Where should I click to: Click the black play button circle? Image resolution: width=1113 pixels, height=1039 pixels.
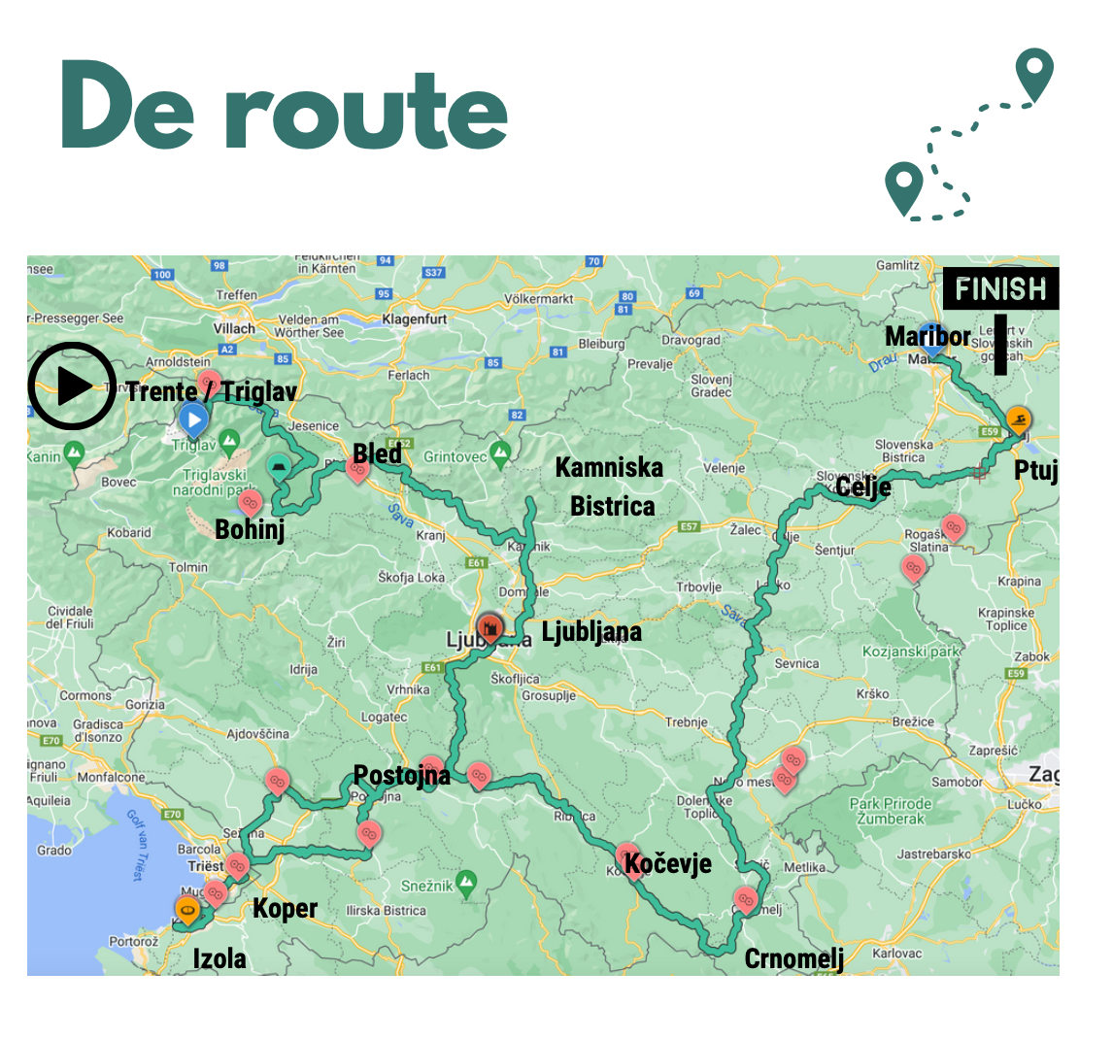coord(71,385)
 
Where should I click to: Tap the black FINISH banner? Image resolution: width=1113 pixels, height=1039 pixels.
coord(1000,289)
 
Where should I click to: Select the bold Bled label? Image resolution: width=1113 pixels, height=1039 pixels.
coord(377,453)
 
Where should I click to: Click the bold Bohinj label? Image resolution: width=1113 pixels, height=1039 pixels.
coord(250,530)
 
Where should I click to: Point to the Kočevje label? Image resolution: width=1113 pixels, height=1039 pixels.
coord(667,863)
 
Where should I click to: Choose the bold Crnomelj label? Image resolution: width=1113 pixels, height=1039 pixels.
coord(793,959)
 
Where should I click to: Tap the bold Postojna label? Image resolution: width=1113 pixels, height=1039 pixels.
coord(401,775)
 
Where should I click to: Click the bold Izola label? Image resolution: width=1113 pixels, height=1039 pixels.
coord(219,959)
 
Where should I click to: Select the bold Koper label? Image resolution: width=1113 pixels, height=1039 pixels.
coord(285,909)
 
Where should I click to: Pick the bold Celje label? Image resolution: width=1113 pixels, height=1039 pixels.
coord(862,486)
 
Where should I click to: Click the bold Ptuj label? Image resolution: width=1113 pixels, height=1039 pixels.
coord(1035,471)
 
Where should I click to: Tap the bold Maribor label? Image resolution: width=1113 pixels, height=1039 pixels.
coord(927,337)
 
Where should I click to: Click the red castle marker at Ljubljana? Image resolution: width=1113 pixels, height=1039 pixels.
coord(490,624)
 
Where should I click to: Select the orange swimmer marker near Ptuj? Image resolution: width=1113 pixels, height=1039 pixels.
coord(1018,419)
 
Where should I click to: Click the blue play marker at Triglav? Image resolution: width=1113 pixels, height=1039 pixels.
coord(194,420)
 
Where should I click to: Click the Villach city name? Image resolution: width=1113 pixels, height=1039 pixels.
coord(234,328)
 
